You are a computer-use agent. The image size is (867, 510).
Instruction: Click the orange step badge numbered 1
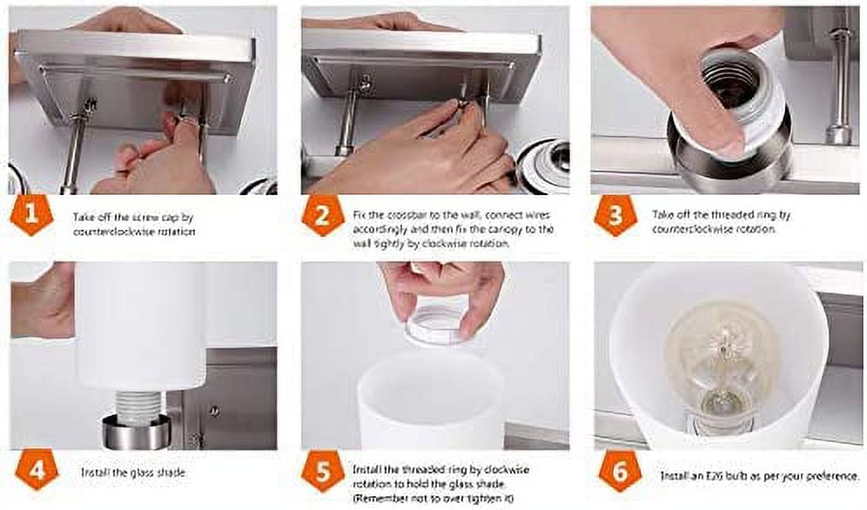click(31, 215)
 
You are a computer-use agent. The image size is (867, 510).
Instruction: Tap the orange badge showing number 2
click(323, 216)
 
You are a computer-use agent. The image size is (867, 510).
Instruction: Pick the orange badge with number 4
click(37, 470)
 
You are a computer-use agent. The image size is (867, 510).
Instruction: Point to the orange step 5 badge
click(323, 471)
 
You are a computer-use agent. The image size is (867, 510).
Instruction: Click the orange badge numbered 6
click(621, 472)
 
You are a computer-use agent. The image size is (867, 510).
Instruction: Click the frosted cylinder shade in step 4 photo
click(140, 326)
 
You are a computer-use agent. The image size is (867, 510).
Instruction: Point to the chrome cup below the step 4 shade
click(136, 432)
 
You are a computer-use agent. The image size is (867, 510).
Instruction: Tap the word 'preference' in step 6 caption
click(831, 476)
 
